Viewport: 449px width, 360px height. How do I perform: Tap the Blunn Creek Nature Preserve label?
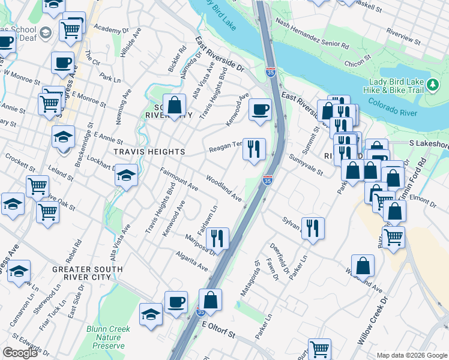pos(104,337)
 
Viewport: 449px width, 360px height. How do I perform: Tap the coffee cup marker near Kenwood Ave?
pos(260,110)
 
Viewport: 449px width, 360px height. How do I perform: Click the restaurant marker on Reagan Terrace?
pos(254,148)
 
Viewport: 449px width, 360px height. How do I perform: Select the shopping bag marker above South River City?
pos(174,106)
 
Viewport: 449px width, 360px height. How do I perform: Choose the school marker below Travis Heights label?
pos(126,176)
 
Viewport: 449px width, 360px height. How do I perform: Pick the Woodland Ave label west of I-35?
pos(223,188)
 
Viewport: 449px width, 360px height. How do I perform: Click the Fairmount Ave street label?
pos(179,179)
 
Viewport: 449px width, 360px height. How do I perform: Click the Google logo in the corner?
pos(20,353)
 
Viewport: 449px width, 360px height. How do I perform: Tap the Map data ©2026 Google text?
pos(411,355)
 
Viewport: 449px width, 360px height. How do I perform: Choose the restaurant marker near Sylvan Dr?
pos(313,227)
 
